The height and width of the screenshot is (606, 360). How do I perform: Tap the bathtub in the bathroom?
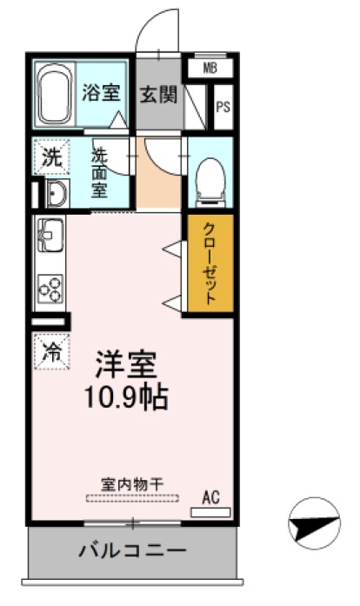coord(56,95)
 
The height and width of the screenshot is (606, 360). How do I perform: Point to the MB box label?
coord(210,68)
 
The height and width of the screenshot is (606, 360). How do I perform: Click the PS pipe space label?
coord(223,108)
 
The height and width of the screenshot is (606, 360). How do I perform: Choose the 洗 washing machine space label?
coord(52,158)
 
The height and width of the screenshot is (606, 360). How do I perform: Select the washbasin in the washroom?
coord(55,194)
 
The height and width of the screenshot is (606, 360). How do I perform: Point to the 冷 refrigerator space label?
coord(52,352)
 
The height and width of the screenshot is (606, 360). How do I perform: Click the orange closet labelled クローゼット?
coord(210,263)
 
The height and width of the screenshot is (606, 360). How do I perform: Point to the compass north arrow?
coord(313,523)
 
